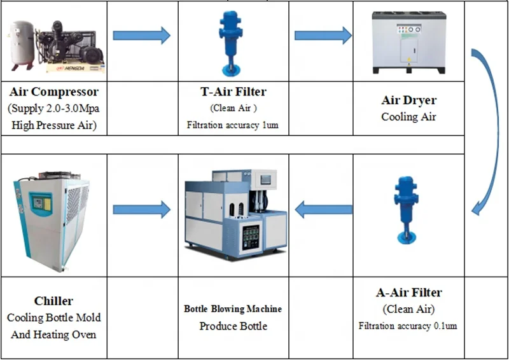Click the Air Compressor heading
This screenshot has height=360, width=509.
coord(54,92)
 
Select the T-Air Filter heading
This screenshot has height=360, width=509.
coord(233,92)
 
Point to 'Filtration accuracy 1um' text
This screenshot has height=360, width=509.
coord(233,125)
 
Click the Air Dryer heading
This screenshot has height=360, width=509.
coord(408,100)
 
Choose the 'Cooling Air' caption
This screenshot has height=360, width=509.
coord(408,117)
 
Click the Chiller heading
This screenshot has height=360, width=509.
coord(53,301)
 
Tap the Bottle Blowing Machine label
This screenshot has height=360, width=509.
coord(233,309)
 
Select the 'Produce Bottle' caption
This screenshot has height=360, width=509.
coord(233,326)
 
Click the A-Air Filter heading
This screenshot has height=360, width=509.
coord(408,293)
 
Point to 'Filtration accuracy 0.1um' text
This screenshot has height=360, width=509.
coord(408,326)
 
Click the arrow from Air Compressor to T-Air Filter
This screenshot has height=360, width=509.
coord(141,36)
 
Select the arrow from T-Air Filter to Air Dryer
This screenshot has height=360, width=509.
coord(323,36)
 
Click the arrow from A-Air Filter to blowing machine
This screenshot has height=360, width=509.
coord(324,209)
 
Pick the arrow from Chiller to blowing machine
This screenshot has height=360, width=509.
coord(141,209)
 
